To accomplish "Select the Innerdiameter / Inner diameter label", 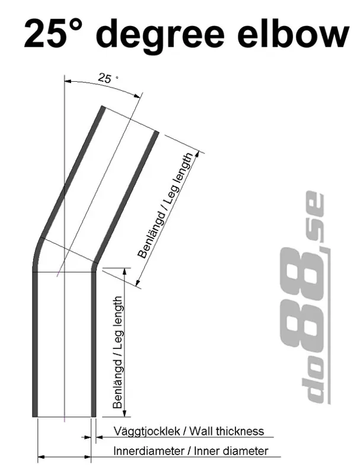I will pos(190,451).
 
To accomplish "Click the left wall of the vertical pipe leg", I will pos(34,344).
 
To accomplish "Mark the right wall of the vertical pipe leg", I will pos(93,344).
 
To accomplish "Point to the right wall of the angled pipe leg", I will pos(128,196).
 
